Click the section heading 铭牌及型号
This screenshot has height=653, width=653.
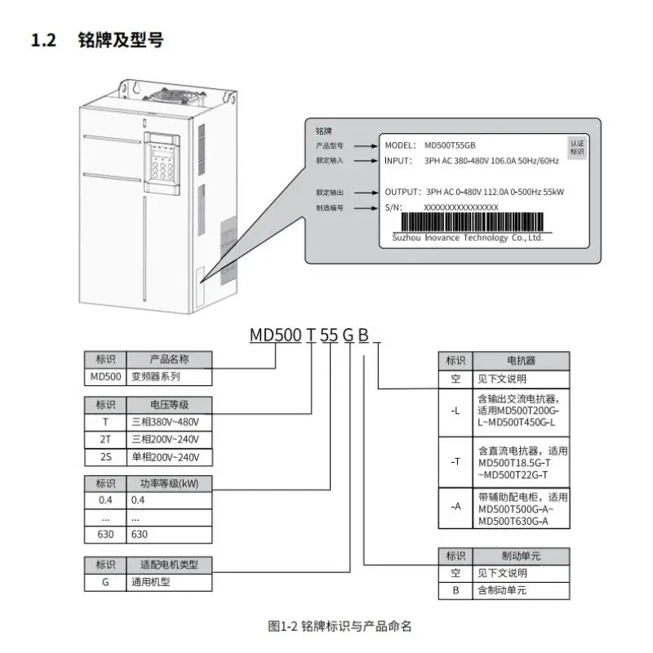coord(121,40)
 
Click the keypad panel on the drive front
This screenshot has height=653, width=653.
coord(162,164)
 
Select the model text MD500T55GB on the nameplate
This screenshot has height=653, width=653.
coord(450,145)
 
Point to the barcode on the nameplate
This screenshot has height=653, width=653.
coord(472,222)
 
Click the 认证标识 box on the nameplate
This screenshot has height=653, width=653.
coord(577,148)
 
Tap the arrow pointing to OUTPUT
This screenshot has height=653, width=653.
coord(366,193)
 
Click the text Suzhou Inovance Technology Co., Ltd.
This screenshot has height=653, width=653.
coord(468,238)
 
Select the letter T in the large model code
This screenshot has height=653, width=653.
coord(311,335)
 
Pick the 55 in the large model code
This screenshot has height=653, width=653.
coord(329,335)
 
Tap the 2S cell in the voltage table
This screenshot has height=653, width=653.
coord(105,457)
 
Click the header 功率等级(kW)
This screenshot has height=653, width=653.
coord(169,483)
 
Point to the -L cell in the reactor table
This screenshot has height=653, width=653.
coord(455,411)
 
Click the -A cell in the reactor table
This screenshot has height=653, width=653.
coord(455,507)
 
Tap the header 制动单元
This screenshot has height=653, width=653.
coord(521,556)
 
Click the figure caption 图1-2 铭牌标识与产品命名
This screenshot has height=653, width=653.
coord(340,626)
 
